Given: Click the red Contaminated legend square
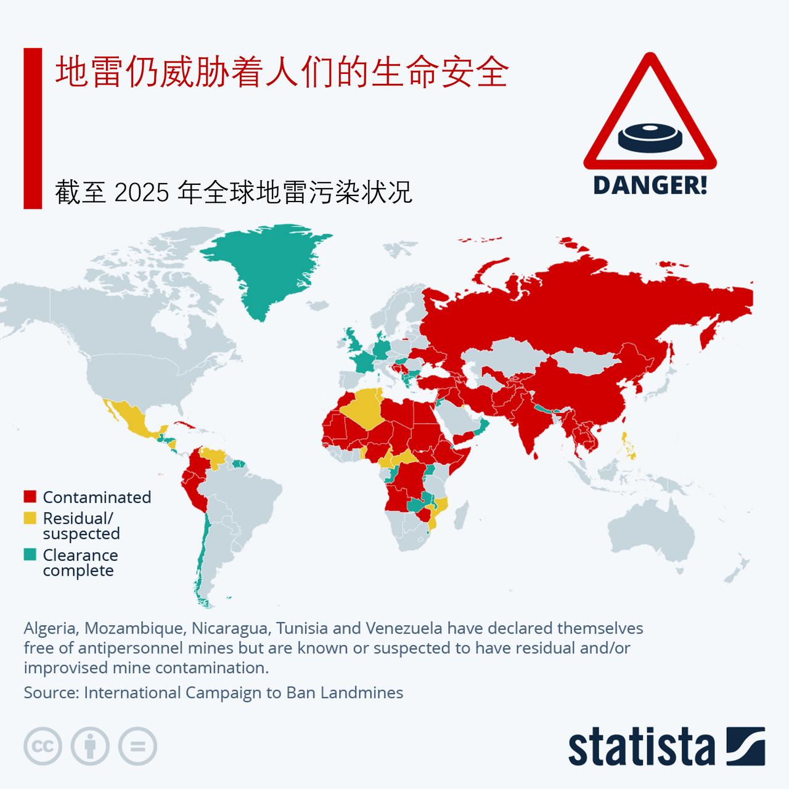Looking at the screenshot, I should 30,497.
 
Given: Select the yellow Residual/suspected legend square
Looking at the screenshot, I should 30,518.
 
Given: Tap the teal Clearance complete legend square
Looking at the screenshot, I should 30,555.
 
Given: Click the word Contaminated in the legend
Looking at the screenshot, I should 97,497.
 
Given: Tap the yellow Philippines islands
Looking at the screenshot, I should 629,447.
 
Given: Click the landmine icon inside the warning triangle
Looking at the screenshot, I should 650,137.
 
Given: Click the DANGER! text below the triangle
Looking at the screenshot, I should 650,185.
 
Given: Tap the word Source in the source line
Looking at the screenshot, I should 51,692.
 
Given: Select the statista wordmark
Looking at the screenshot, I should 641,747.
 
